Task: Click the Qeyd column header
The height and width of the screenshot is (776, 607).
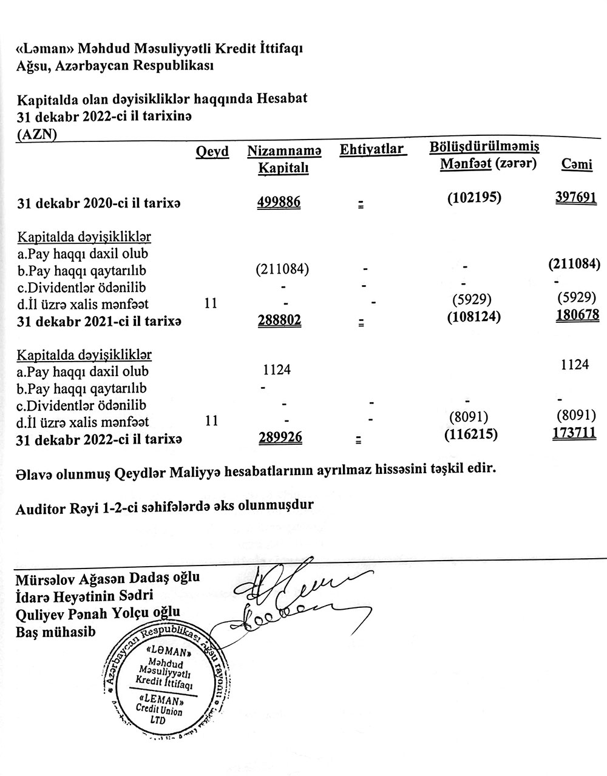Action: tap(212, 152)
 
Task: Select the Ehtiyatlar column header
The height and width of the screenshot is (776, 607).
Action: tap(372, 149)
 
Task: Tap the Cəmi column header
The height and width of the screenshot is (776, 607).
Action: tap(577, 164)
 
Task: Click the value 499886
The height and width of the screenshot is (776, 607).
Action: tap(279, 201)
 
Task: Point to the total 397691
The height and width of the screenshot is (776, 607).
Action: tap(576, 198)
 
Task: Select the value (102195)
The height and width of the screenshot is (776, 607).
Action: tap(474, 198)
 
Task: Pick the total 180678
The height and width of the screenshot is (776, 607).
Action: tap(577, 315)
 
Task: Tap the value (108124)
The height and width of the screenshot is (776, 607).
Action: tap(473, 315)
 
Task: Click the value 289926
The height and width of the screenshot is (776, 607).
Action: tap(280, 437)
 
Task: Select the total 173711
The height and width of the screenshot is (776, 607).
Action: tap(574, 433)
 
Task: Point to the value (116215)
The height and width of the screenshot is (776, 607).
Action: tap(471, 434)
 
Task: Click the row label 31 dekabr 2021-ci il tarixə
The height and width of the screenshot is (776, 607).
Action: tap(99, 320)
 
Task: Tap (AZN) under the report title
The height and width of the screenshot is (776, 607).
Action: tap(37, 135)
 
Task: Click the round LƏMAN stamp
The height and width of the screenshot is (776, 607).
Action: tap(164, 676)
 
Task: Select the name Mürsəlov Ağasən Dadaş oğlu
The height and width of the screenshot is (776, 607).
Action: tap(108, 578)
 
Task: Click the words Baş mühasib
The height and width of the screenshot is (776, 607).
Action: tap(56, 632)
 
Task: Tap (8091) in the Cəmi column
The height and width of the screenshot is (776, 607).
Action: tap(575, 416)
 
